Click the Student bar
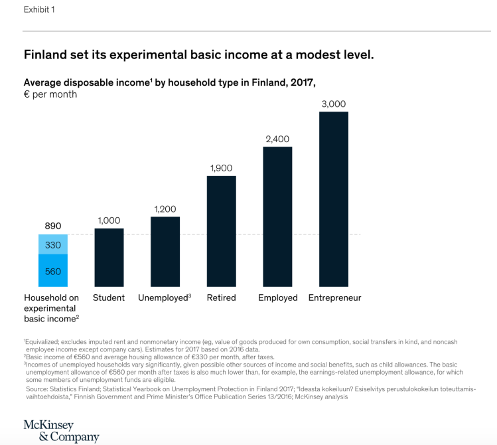[x=109, y=258]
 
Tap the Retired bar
[x=221, y=231]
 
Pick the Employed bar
[x=277, y=217]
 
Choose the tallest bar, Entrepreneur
[x=334, y=199]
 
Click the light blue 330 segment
[x=53, y=246]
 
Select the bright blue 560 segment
[x=53, y=272]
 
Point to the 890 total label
[x=53, y=226]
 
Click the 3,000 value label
[x=334, y=104]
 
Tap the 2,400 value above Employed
[x=277, y=139]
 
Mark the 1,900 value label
[x=221, y=169]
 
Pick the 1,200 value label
[x=165, y=209]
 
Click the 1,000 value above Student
[x=109, y=221]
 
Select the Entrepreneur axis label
[x=334, y=298]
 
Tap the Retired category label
[x=221, y=298]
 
